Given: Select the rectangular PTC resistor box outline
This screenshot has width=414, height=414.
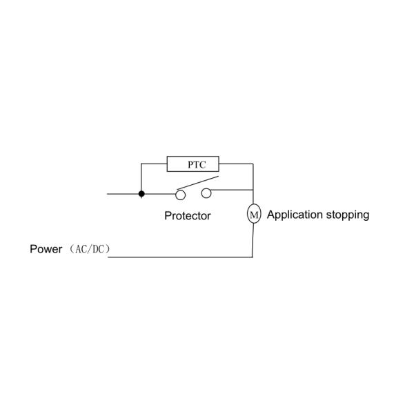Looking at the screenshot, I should tap(193, 158).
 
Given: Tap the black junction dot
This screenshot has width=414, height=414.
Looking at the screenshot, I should tap(141, 194).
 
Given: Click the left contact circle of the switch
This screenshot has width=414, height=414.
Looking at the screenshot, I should tap(181, 194).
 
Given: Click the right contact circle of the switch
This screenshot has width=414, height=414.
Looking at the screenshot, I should tap(206, 194).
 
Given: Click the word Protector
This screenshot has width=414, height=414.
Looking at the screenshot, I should tap(187, 215).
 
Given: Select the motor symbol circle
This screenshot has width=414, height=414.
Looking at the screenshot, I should tap(253, 215).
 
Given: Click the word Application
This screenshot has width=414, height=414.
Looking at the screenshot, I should tap(294, 215).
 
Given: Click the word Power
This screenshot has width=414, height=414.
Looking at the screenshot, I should tap(46, 248).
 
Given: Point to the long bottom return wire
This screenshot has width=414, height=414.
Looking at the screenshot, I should tap(179, 257).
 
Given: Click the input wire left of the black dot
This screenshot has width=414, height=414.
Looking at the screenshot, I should tap(124, 194).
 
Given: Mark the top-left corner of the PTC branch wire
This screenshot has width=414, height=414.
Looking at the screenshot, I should tap(141, 164).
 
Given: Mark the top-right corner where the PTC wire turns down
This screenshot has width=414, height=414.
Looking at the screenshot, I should tap(254, 164).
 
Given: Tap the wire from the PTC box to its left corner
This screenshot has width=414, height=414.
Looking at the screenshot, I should tap(154, 164).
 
